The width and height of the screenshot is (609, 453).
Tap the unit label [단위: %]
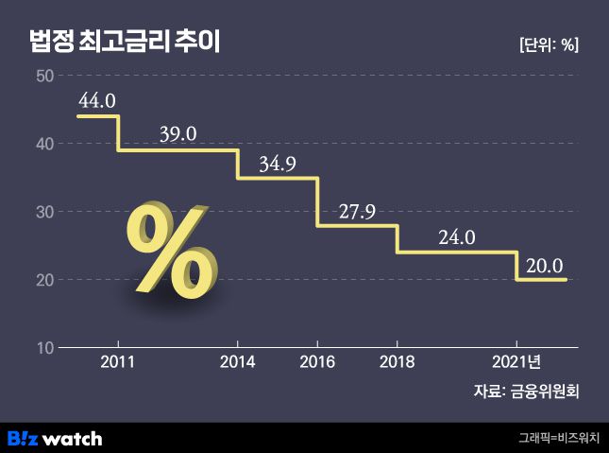click(x=549, y=44)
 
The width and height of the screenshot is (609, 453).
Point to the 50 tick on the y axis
click(x=43, y=76)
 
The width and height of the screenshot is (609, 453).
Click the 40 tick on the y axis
click(x=43, y=144)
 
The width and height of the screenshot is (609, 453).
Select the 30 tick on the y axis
click(x=43, y=212)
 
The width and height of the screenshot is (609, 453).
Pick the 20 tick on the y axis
click(x=43, y=280)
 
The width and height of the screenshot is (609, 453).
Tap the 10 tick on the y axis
click(x=43, y=348)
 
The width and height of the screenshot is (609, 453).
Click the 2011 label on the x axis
click(x=118, y=362)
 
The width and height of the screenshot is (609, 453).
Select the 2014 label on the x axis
click(x=237, y=362)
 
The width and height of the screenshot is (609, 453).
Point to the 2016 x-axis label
click(x=316, y=362)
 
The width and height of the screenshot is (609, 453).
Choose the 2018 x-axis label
click(x=396, y=362)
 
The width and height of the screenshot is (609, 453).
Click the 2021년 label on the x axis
click(x=518, y=362)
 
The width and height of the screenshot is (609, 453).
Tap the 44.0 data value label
click(x=97, y=99)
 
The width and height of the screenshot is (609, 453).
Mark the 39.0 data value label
click(x=178, y=134)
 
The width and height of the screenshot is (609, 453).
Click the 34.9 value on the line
click(x=278, y=164)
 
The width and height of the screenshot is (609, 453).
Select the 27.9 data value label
click(x=357, y=211)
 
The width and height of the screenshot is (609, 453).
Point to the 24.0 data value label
click(x=456, y=237)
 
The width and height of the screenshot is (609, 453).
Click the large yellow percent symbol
click(x=172, y=251)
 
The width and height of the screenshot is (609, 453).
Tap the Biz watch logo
click(x=55, y=438)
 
